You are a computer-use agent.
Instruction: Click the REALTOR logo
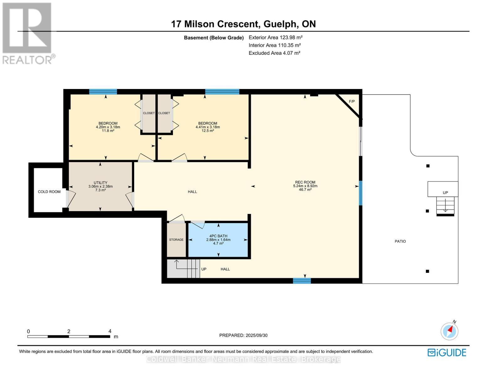coord(28,33)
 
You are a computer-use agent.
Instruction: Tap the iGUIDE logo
coord(447,352)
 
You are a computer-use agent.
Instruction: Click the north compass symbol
coord(449,331)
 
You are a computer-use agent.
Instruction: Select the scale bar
coord(69,337)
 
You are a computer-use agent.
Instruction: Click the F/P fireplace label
coord(352,102)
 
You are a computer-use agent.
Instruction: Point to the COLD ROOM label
coord(49,192)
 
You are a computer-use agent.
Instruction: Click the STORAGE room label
coord(176,240)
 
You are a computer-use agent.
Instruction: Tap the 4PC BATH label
coord(218,236)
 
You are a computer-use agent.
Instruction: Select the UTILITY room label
coord(100,183)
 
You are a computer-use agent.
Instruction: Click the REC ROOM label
coord(305,182)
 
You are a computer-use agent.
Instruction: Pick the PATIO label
coord(400,241)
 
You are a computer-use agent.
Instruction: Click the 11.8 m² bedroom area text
coord(108,131)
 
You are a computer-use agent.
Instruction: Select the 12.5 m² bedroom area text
coord(207,131)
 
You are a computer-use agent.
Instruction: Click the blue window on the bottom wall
coord(302,281)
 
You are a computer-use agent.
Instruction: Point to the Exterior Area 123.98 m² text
coord(275,37)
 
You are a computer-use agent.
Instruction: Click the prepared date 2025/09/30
coord(243,335)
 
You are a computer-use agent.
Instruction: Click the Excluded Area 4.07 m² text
coord(274,53)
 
